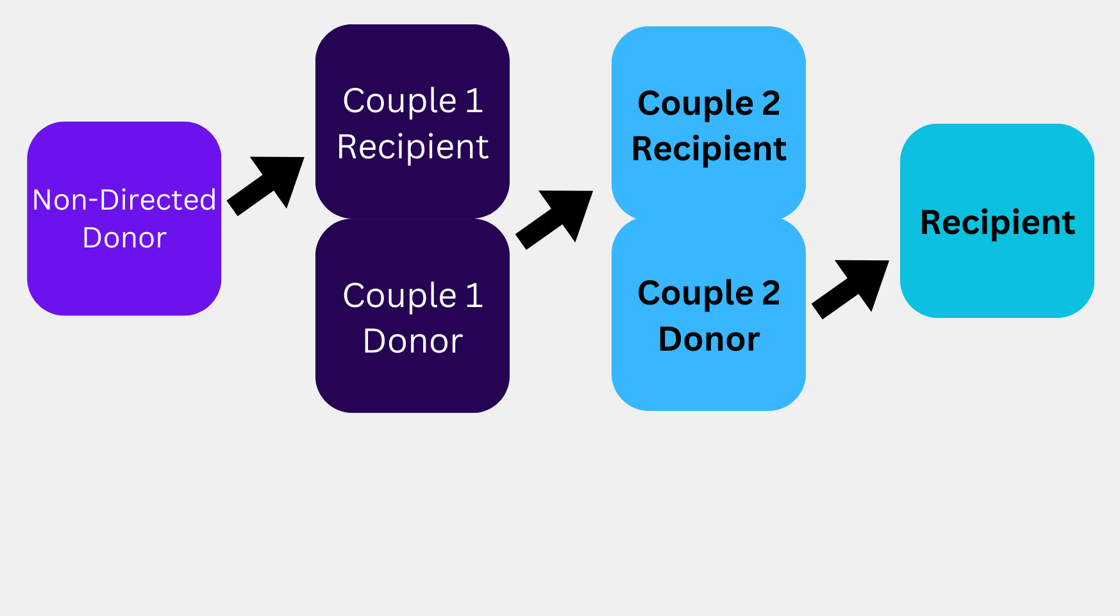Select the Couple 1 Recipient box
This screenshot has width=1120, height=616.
click(412, 64)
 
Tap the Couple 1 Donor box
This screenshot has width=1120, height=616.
click(412, 378)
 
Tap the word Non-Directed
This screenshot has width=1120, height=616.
click(124, 200)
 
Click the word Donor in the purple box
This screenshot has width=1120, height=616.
click(124, 238)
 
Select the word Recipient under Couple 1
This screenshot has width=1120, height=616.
click(413, 147)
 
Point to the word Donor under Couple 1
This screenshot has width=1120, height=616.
click(413, 341)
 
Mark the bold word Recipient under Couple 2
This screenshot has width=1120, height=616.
click(709, 149)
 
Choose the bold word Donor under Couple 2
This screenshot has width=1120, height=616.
click(709, 339)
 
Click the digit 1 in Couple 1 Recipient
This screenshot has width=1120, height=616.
click(474, 101)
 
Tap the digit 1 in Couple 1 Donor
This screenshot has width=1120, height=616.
click(474, 296)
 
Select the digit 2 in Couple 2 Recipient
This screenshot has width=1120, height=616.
click(771, 103)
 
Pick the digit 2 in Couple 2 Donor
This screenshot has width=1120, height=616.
click(771, 294)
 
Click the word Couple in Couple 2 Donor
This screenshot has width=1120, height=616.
click(696, 294)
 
